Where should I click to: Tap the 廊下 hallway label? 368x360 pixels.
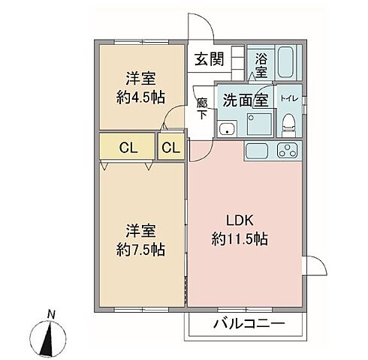click(202, 109)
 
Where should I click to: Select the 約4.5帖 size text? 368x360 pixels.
click(140, 96)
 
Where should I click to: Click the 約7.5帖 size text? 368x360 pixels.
click(140, 248)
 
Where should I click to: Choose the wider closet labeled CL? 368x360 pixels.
click(127, 148)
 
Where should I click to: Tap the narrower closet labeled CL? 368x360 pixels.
click(170, 148)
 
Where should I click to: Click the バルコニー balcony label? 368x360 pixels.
click(249, 325)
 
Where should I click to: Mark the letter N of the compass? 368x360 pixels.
click(50, 313)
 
